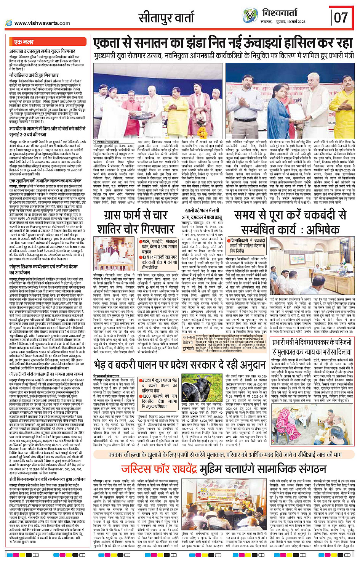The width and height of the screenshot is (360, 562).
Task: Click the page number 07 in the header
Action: pyautogui.click(x=341, y=17)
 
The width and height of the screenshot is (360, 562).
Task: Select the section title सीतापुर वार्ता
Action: pyautogui.click(x=167, y=18)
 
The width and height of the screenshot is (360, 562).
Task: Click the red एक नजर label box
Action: pyautogui.click(x=24, y=42)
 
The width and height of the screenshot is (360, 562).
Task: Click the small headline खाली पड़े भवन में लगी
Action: pyautogui.click(x=202, y=210)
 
